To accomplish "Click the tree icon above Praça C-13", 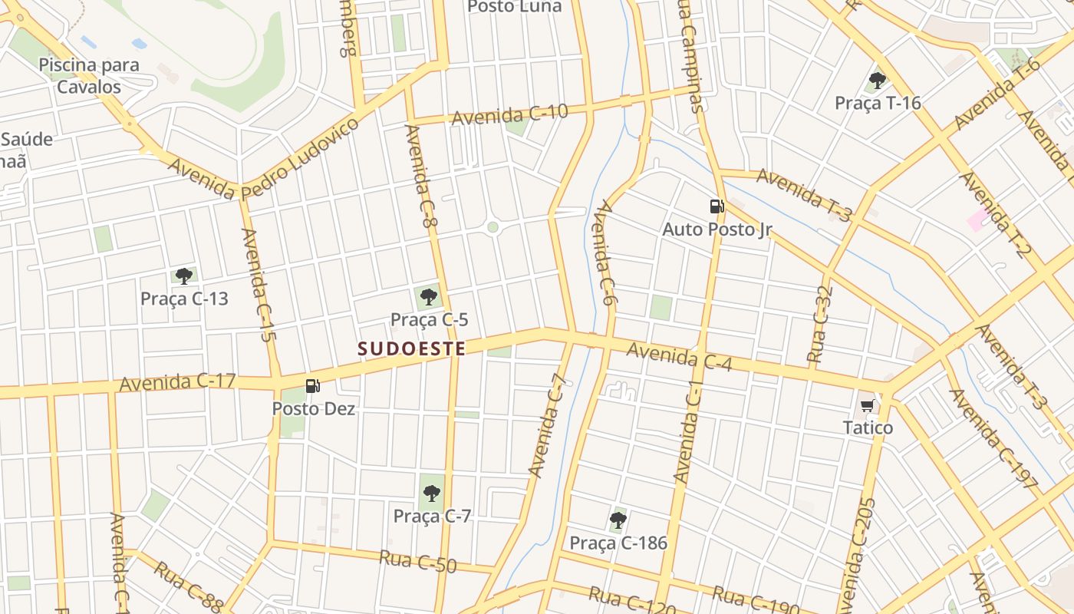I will [183, 276].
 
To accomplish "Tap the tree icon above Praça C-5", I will [429, 297].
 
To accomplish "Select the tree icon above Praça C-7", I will [431, 494].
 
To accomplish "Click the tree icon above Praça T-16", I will [878, 80].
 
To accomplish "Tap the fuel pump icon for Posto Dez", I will [313, 386].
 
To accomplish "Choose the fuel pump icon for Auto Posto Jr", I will [717, 206].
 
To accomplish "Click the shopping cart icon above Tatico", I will [868, 405].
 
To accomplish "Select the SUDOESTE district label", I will [412, 349].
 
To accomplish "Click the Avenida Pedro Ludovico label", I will [263, 160].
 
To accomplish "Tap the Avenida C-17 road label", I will [177, 381].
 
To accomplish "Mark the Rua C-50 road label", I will [417, 561].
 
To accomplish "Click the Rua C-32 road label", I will [820, 324].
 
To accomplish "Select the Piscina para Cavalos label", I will [89, 75].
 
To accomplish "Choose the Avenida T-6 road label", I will [997, 94].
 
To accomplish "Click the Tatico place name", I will [868, 427].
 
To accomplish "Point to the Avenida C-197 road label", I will [993, 439].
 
